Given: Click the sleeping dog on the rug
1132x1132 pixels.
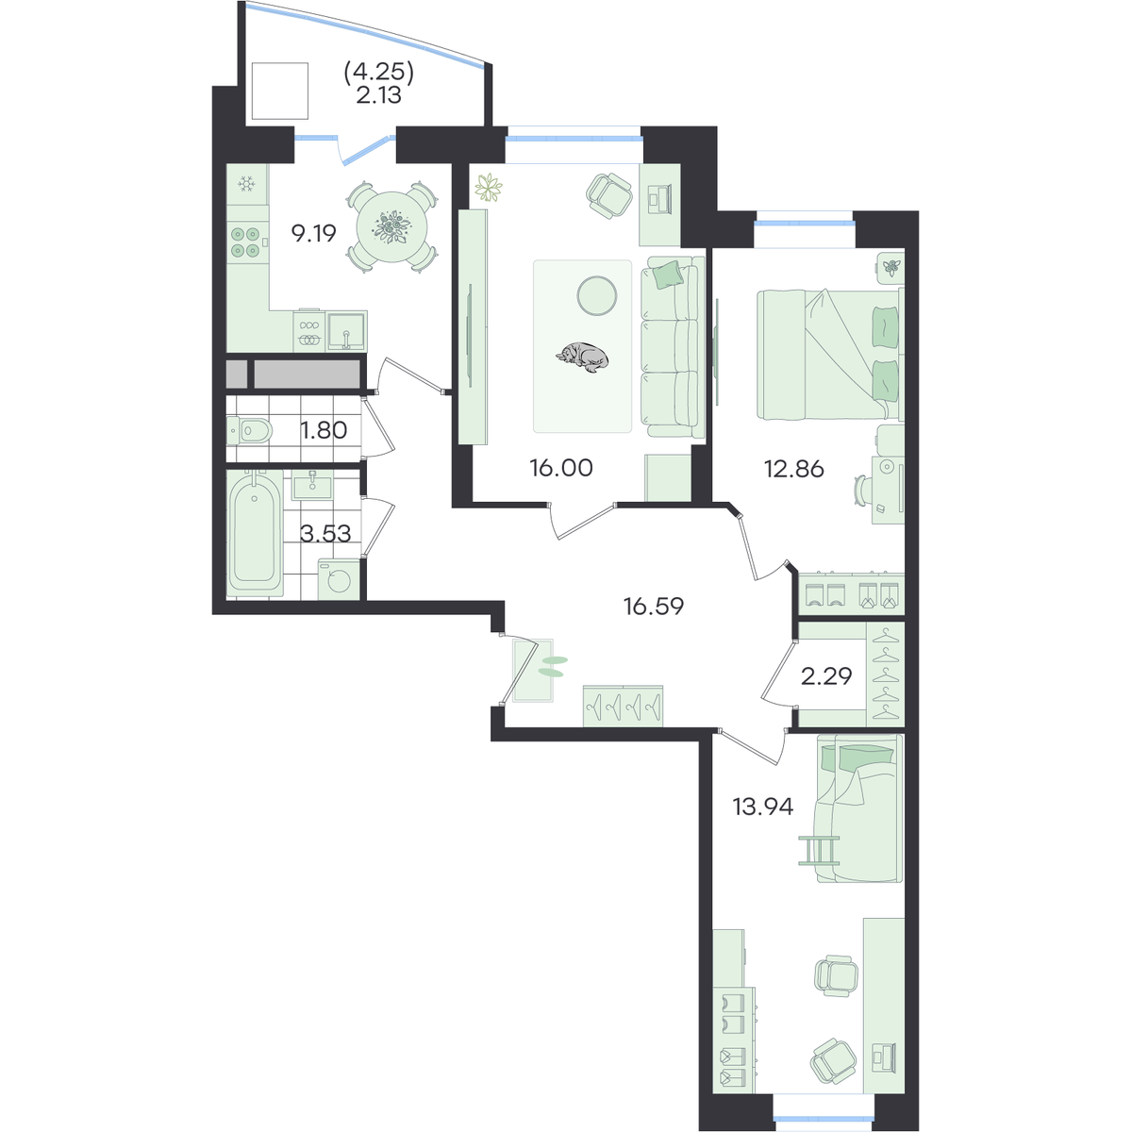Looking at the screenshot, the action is point(582,356).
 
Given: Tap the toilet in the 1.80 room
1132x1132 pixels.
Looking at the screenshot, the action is point(250,430).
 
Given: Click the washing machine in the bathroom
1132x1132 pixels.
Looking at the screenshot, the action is point(339,579).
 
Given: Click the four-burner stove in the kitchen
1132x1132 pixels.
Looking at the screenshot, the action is point(245,242).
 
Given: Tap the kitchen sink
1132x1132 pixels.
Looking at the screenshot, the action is point(346,331).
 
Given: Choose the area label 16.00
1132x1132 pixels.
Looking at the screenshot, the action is point(561,468).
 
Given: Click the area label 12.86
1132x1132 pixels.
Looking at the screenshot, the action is point(793,470).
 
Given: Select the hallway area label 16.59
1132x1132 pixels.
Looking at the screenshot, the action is point(653,607).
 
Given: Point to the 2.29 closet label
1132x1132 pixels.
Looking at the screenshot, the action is point(826,676).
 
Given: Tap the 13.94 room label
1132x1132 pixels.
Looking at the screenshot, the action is point(762,807).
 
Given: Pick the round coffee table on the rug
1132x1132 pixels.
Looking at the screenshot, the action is point(597,295).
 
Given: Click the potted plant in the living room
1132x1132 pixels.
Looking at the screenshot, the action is point(489,188).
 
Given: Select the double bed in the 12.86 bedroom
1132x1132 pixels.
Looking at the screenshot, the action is point(829,355).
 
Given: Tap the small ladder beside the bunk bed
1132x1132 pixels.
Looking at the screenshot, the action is point(818,851).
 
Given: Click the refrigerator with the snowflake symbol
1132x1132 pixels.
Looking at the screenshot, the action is point(247,185).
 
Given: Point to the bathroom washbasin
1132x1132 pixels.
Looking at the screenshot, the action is point(311,485).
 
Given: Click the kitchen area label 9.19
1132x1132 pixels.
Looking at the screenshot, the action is point(314,234).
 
